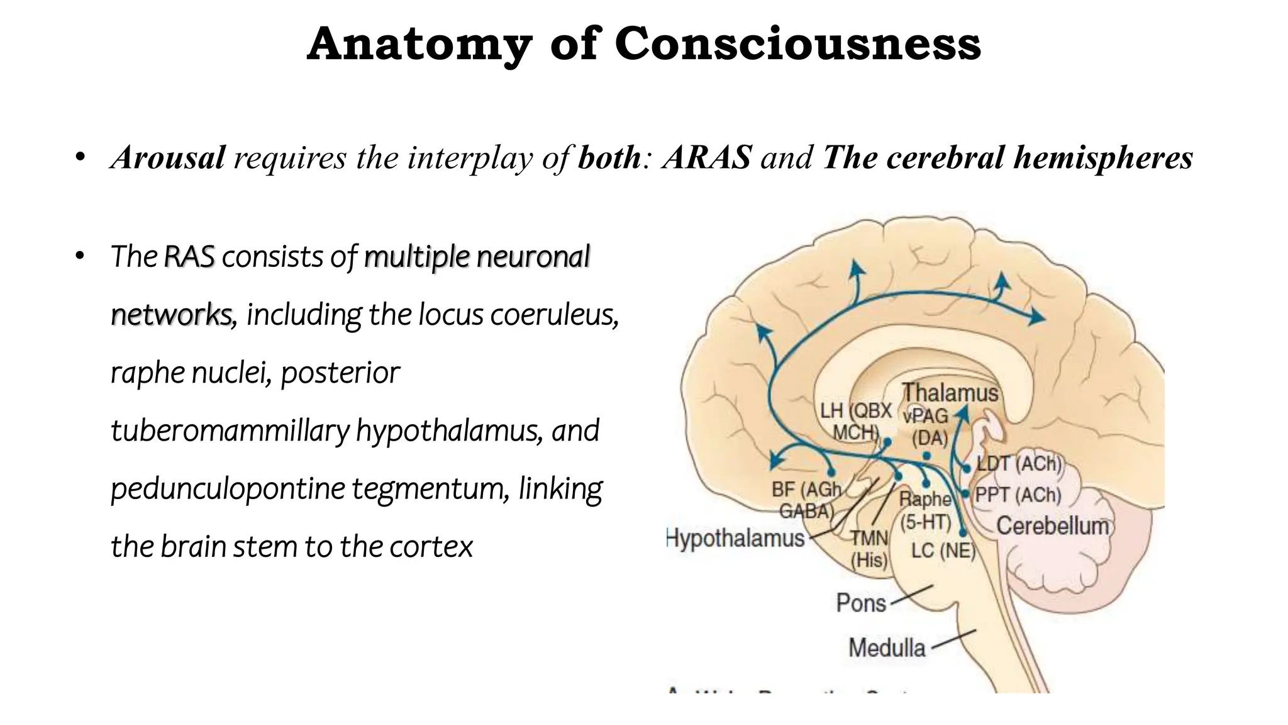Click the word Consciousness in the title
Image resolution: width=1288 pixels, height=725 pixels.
point(797,44)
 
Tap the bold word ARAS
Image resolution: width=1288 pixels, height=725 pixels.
point(708,157)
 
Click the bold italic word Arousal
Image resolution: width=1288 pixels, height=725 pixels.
point(168,157)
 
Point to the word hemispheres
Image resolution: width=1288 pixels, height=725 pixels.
point(1103,157)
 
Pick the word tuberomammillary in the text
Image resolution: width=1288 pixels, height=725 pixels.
point(230,431)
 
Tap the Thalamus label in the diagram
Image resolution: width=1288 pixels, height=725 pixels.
point(950,393)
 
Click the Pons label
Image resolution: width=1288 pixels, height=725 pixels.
point(861,603)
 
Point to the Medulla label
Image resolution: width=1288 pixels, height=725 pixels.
point(887,648)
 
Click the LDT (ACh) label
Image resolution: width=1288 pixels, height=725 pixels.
point(1019,464)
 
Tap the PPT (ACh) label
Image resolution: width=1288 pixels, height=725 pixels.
point(1018,495)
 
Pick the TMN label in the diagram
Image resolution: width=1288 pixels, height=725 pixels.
point(869,538)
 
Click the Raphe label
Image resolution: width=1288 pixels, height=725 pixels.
point(924,499)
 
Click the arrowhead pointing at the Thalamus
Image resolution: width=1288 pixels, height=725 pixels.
point(962,413)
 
